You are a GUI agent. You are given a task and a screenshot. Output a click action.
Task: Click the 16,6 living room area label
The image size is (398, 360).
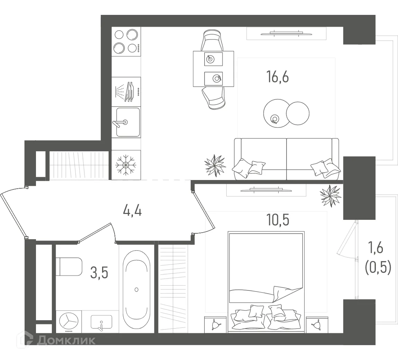[277, 76]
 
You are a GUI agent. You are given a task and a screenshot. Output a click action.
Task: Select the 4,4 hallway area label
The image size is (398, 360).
[132, 210]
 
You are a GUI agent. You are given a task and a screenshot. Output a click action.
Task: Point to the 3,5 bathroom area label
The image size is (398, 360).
[99, 272]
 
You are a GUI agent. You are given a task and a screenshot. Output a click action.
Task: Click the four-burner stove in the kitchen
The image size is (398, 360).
[126, 41]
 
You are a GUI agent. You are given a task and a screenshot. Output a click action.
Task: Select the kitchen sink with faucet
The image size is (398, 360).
[127, 122]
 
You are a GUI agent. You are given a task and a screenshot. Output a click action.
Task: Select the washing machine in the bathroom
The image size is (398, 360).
[69, 322]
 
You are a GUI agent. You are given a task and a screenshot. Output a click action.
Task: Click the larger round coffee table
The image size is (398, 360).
[276, 113]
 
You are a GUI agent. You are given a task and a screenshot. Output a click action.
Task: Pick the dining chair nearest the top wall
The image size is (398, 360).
[213, 40]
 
